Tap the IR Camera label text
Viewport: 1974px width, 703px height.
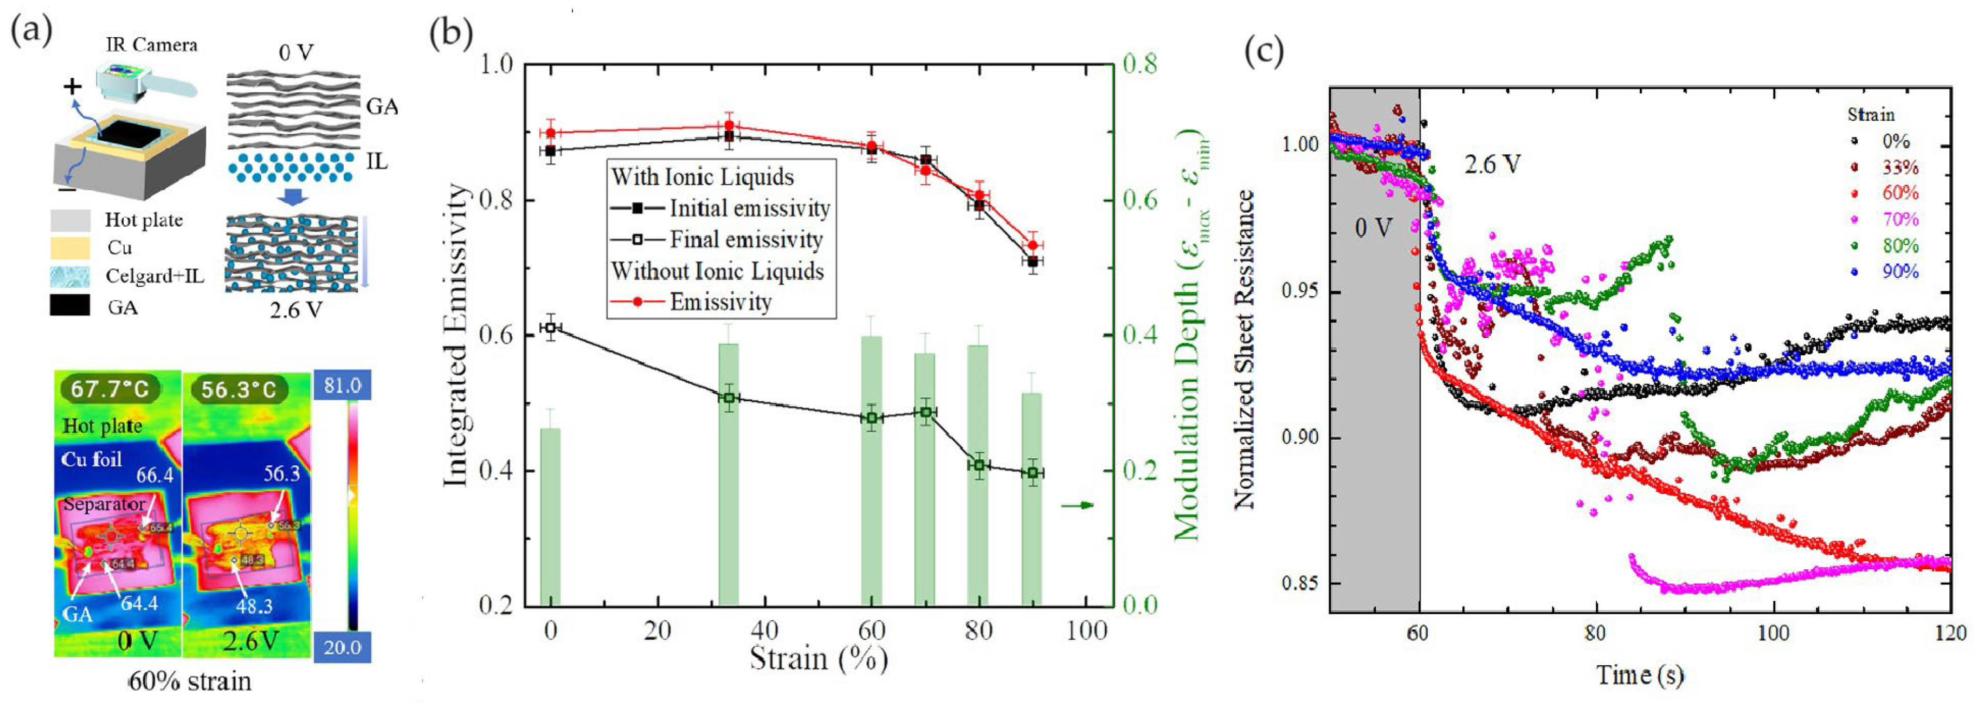pos(151,44)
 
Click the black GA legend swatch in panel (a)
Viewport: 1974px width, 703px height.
pos(70,306)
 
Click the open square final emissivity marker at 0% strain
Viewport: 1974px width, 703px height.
pos(550,327)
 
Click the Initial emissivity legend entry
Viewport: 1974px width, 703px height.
pos(749,208)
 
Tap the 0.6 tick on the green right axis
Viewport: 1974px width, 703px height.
pos(1139,200)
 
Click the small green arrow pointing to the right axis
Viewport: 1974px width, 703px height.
pos(1076,505)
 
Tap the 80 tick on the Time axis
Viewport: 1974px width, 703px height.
pos(1595,633)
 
